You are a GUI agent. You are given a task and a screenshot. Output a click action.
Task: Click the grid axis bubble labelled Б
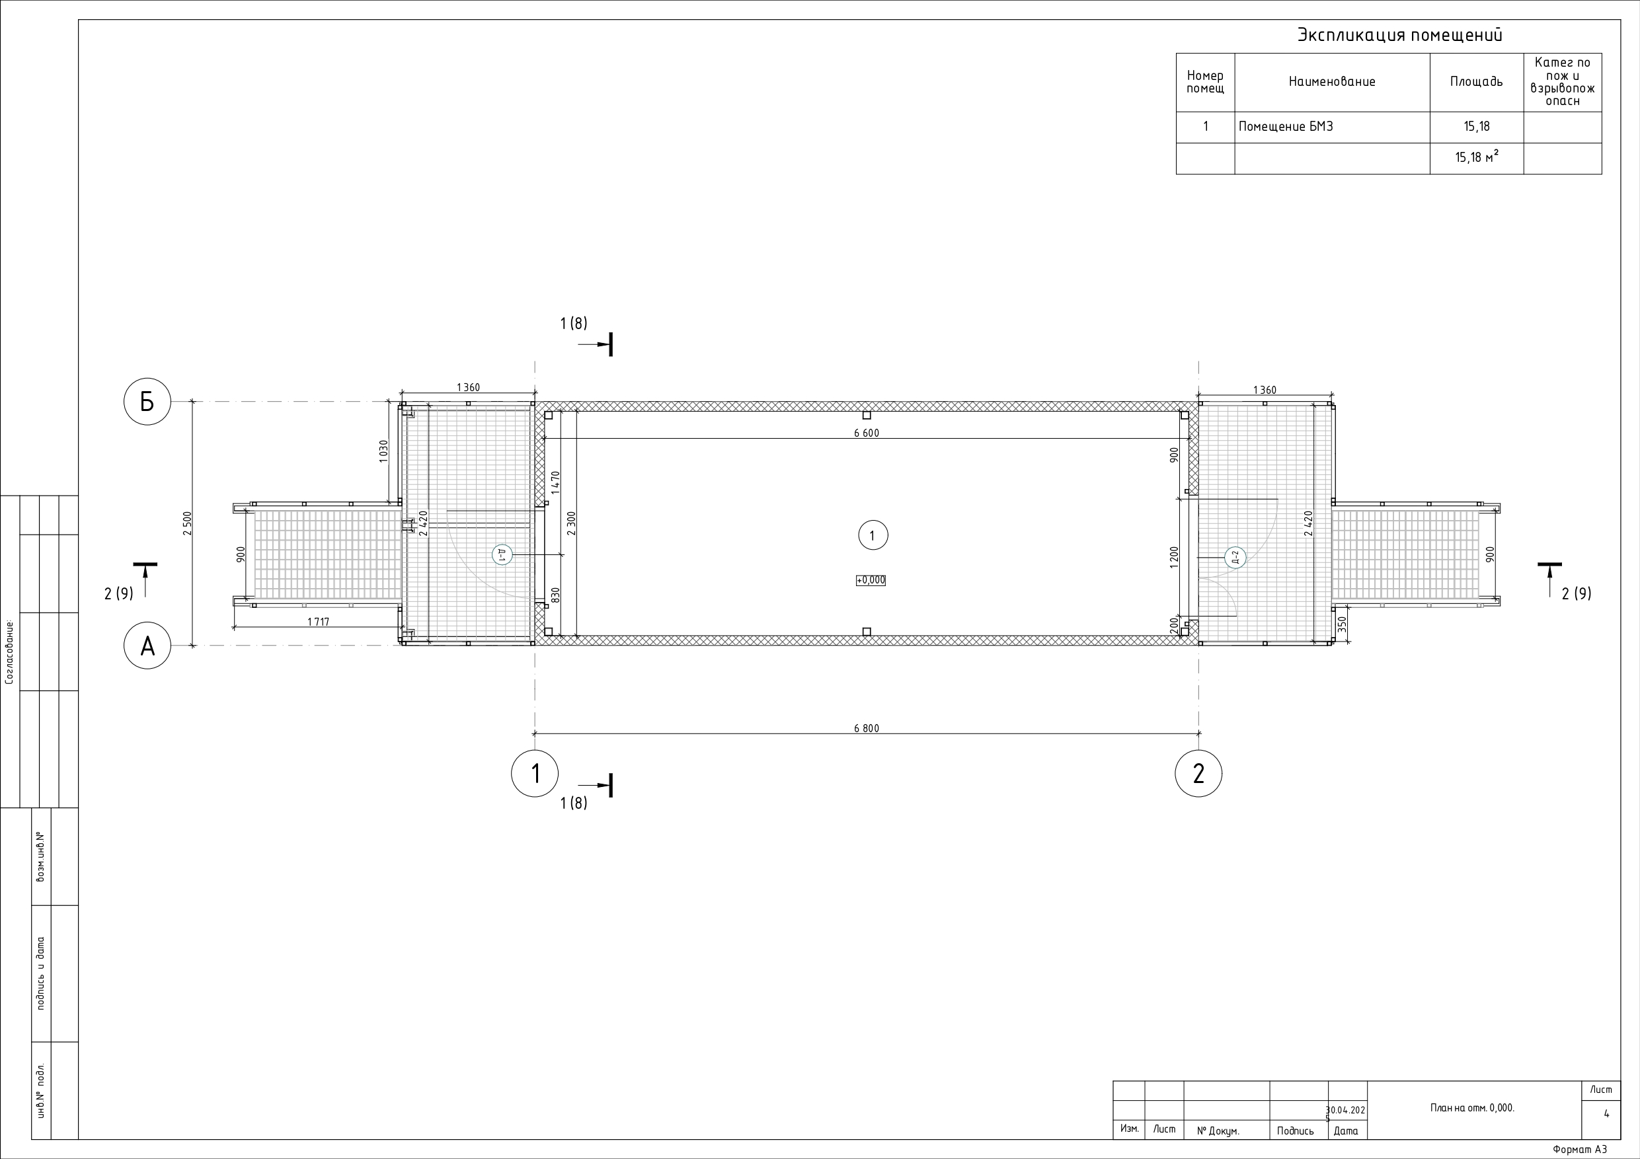pyautogui.click(x=147, y=402)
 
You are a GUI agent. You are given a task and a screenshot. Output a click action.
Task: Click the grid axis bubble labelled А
pyautogui.click(x=147, y=646)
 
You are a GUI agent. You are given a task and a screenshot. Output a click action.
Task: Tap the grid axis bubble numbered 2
pyautogui.click(x=1198, y=773)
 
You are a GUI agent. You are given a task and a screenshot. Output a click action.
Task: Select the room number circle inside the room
pyautogui.click(x=872, y=536)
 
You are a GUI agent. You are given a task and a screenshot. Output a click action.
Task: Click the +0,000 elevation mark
pyautogui.click(x=871, y=581)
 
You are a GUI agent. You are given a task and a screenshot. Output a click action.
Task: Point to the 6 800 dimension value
pyautogui.click(x=867, y=728)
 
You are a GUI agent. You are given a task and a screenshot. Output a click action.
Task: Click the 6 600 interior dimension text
pyautogui.click(x=867, y=433)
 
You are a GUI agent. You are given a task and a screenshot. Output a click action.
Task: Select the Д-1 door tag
pyautogui.click(x=502, y=554)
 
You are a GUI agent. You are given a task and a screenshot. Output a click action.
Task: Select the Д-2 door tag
pyautogui.click(x=1235, y=558)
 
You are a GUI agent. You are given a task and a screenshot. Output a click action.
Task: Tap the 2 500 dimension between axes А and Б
pyautogui.click(x=187, y=523)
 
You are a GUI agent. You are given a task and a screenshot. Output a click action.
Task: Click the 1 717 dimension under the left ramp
pyautogui.click(x=318, y=622)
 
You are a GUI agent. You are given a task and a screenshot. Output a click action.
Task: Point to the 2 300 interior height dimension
pyautogui.click(x=571, y=523)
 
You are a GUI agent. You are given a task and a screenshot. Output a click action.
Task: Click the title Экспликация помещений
pyautogui.click(x=1399, y=35)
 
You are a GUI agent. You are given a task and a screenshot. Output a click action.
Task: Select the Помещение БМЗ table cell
pyautogui.click(x=1286, y=127)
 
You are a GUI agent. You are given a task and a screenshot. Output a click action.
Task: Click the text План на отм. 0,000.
pyautogui.click(x=1472, y=1107)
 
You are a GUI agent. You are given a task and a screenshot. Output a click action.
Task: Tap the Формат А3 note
pyautogui.click(x=1579, y=1150)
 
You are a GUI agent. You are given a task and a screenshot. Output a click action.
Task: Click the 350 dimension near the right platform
pyautogui.click(x=1341, y=625)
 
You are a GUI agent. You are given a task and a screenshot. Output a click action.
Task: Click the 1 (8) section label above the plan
pyautogui.click(x=574, y=324)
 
